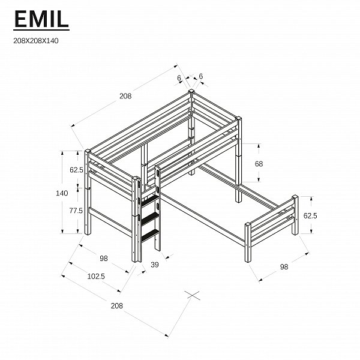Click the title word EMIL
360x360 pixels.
point(41,19)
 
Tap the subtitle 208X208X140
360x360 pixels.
point(36,41)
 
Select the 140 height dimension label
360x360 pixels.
point(62,193)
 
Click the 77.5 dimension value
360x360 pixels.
point(76,211)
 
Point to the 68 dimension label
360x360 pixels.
point(259,164)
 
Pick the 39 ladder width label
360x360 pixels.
point(155,265)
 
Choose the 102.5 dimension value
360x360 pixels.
point(96,276)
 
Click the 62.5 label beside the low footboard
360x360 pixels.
point(310,215)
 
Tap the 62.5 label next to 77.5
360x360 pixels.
point(76,170)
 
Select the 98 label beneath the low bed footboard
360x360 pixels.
point(284,266)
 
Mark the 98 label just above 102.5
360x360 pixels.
point(104,258)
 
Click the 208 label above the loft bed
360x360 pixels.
point(125,96)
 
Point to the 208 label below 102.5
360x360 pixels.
point(117,305)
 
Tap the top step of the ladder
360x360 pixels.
point(149,200)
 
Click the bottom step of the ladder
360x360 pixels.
point(150,235)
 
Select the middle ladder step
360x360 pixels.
point(149,218)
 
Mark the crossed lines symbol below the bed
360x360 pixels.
point(193,295)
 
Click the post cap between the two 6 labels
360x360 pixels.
point(191,91)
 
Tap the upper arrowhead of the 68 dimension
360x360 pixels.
point(259,146)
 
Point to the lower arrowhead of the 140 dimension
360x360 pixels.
point(62,231)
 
